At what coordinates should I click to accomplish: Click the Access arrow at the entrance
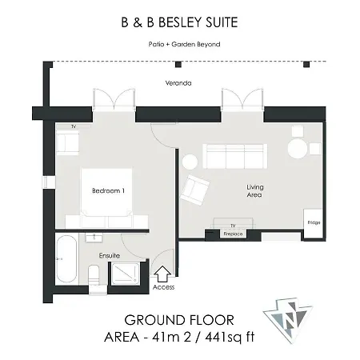162,274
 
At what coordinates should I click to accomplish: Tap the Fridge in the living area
314,223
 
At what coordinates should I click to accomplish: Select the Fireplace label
233,234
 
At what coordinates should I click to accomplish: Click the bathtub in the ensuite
66,258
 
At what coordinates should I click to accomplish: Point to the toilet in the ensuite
94,274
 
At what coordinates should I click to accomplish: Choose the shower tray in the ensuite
126,273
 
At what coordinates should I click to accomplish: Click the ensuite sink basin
94,238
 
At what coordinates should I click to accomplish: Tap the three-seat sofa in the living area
235,156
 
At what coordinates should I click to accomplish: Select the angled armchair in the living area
194,190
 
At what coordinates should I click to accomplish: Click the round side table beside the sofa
190,162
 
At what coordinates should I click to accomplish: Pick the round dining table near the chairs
298,149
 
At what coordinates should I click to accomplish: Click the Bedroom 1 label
108,190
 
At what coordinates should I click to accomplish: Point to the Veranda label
178,83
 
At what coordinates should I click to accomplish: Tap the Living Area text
254,191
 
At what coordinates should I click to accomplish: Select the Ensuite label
110,255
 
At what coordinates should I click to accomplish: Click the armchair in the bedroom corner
67,142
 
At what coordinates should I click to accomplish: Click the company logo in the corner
288,319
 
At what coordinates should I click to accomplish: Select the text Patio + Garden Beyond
184,44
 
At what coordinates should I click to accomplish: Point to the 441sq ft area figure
230,337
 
